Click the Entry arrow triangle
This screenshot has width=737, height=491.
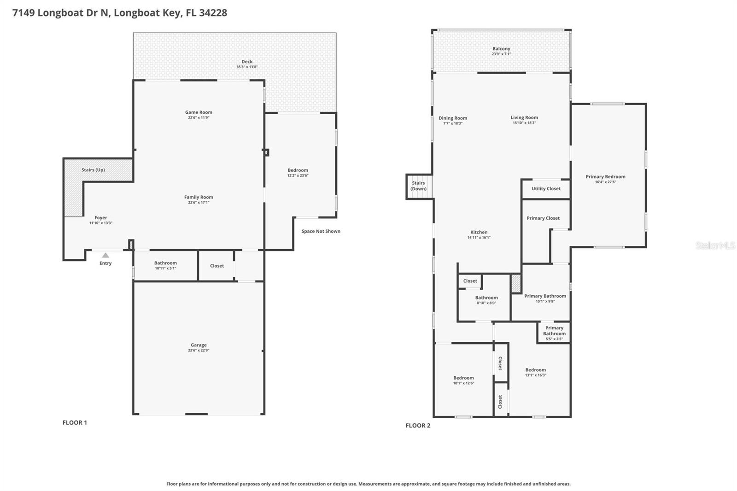point(105,255)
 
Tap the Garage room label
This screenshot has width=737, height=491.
point(199,345)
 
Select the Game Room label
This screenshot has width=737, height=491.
point(199,112)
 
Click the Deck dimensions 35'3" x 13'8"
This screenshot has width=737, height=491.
point(247,67)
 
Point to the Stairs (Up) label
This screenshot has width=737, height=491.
point(93,170)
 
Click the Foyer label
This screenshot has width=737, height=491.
point(100,218)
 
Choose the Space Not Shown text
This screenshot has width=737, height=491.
point(321,231)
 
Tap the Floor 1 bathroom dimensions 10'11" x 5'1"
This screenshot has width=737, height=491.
point(165,268)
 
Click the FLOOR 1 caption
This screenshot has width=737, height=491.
point(75,422)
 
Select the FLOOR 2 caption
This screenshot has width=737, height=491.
point(418,425)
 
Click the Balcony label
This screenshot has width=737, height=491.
point(501,48)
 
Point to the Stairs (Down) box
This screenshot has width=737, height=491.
point(419,186)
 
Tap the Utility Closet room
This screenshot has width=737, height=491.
point(546,188)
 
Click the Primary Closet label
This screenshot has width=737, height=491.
point(543,218)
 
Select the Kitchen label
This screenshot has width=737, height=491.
point(479,232)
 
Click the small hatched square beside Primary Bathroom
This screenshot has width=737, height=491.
point(516,283)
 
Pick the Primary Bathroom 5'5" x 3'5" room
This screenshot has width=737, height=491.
point(554,333)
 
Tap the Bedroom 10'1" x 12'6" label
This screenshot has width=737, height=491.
point(463,378)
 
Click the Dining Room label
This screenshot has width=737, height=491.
point(453,118)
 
